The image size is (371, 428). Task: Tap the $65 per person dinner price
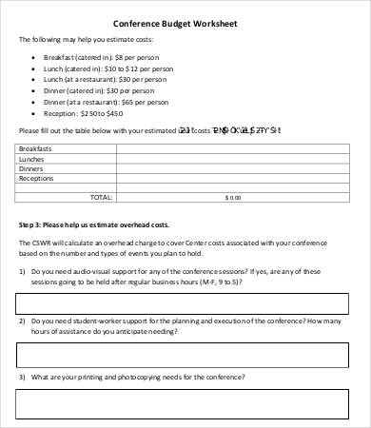[153, 103]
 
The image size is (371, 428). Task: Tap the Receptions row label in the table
[38, 178]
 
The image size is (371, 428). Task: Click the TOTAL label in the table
[100, 197]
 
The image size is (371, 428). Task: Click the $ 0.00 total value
[233, 197]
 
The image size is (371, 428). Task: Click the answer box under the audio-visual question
[186, 303]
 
